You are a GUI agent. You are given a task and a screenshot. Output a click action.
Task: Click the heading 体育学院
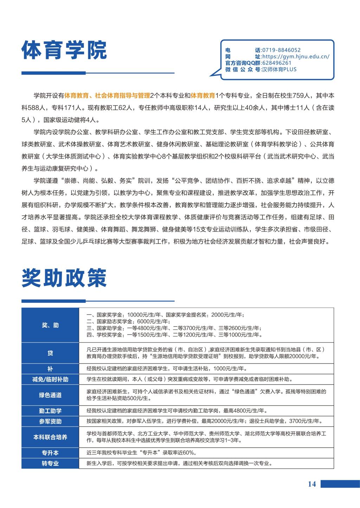(64, 51)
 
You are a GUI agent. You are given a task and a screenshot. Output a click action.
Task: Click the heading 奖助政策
(64, 279)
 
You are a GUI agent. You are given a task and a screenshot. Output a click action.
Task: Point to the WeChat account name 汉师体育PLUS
(279, 69)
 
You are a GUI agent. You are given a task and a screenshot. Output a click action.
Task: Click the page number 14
(312, 484)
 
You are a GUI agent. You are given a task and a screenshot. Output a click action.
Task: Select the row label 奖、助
(50, 325)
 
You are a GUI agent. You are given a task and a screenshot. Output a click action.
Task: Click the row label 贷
(50, 353)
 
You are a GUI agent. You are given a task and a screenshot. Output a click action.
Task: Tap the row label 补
(50, 369)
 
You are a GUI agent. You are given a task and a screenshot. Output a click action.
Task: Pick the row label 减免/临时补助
(50, 379)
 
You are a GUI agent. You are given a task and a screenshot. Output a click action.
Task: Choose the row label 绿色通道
(50, 395)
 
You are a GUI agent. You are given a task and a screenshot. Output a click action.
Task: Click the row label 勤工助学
(50, 411)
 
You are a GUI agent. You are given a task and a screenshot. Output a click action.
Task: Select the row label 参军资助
(50, 421)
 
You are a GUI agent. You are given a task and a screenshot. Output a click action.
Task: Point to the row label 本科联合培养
(50, 437)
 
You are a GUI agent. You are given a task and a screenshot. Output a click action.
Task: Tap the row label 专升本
(50, 453)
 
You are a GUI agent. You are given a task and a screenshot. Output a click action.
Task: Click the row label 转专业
(50, 463)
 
